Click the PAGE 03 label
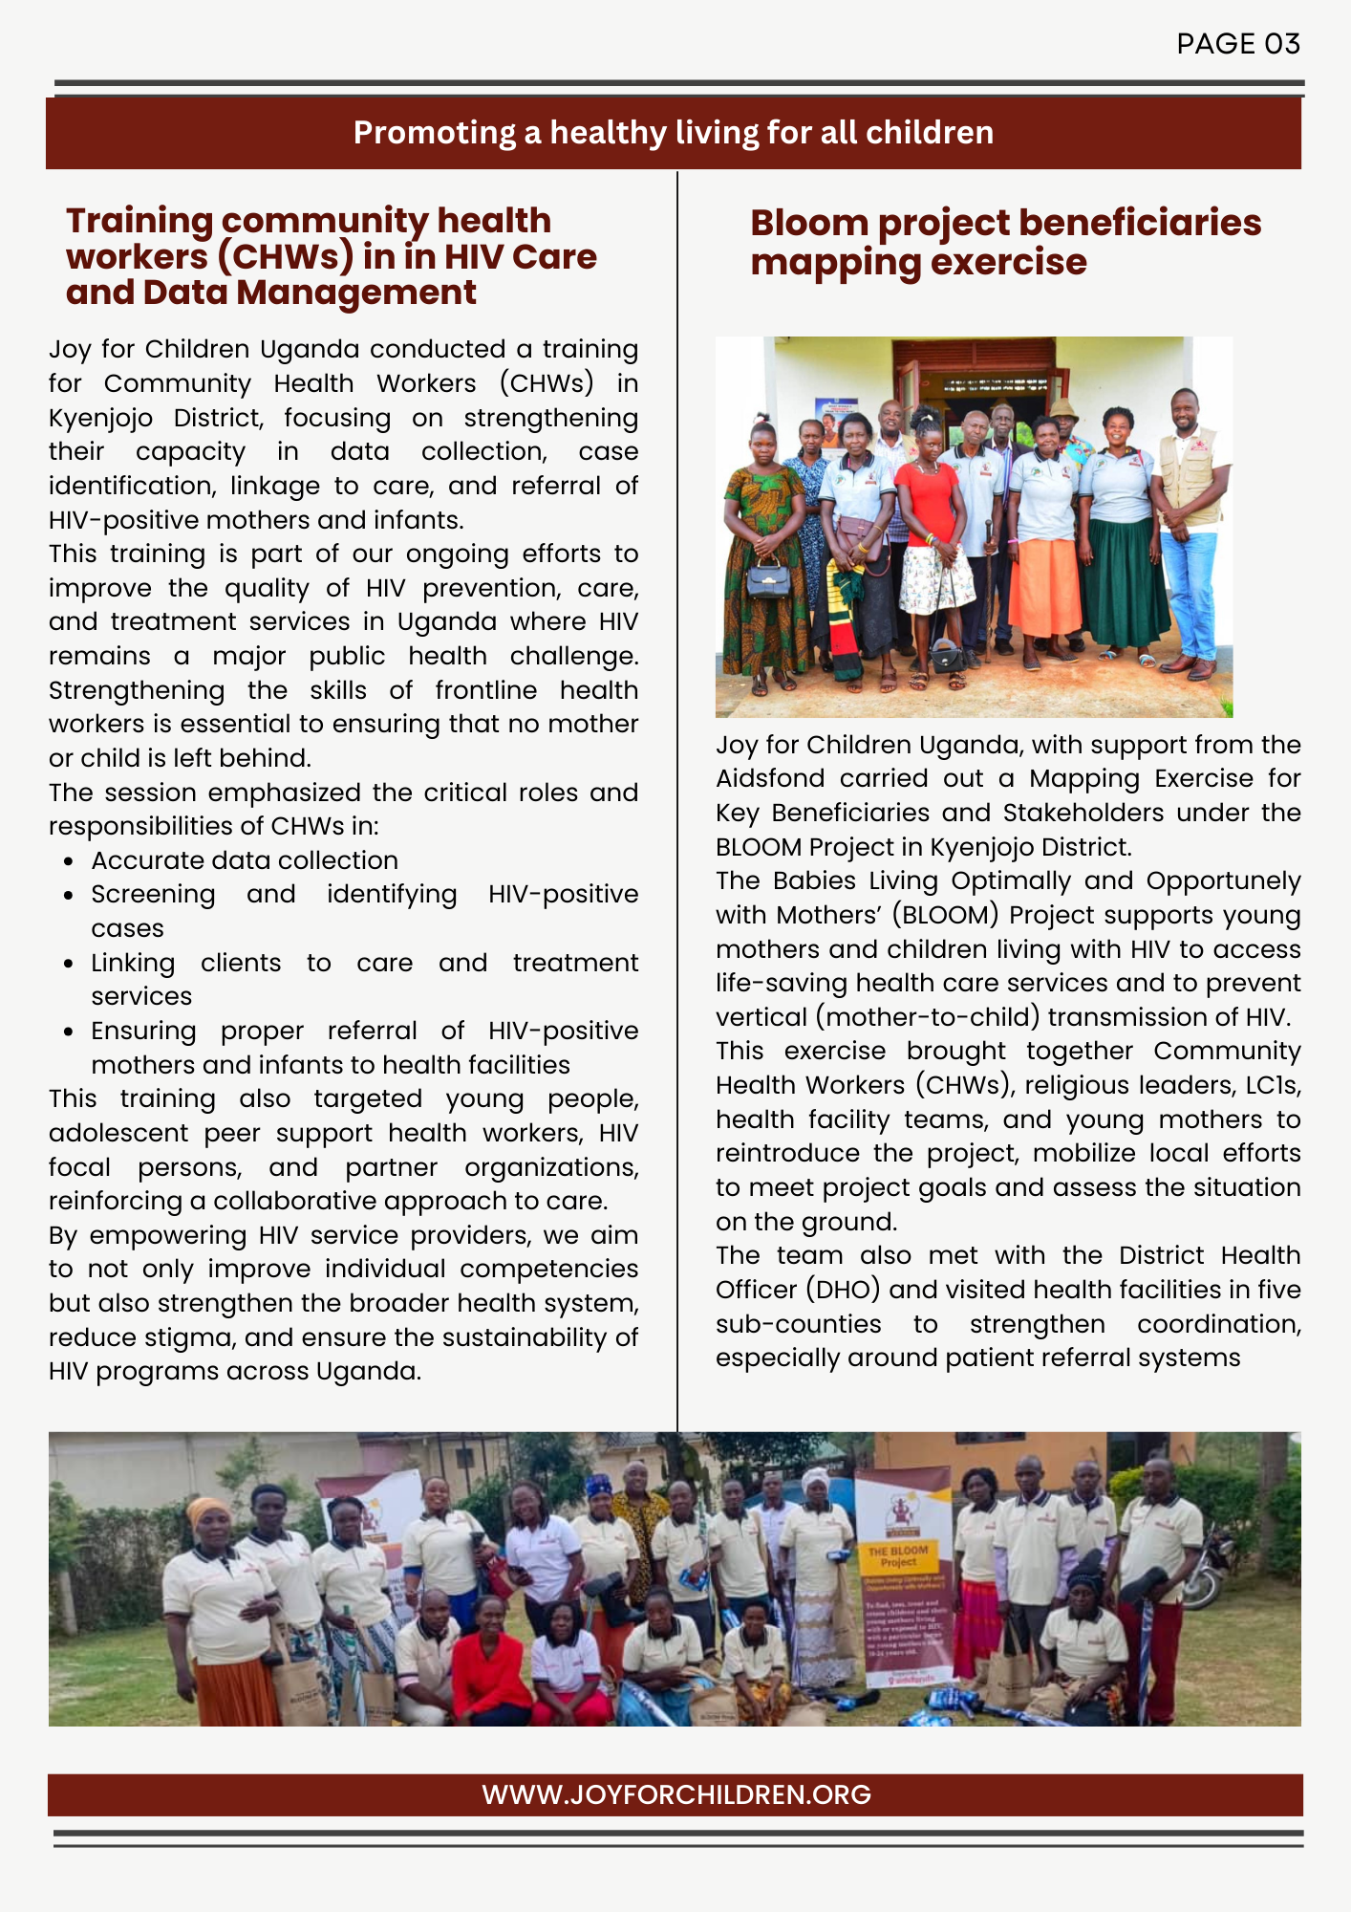1237,44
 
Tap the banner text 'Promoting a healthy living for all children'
674,133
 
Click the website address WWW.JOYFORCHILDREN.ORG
675,1794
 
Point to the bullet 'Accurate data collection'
245,860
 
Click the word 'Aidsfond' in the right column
769,778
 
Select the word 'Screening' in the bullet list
153,894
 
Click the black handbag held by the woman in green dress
768,577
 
